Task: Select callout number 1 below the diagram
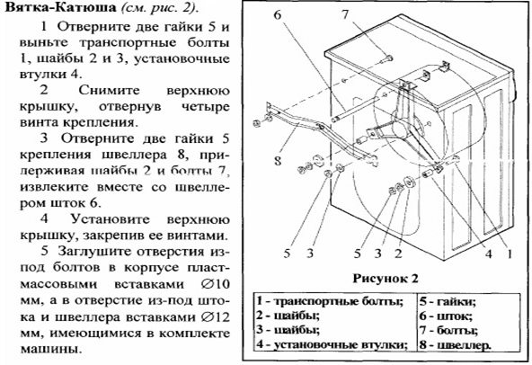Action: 510,254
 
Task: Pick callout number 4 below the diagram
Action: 488,254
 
